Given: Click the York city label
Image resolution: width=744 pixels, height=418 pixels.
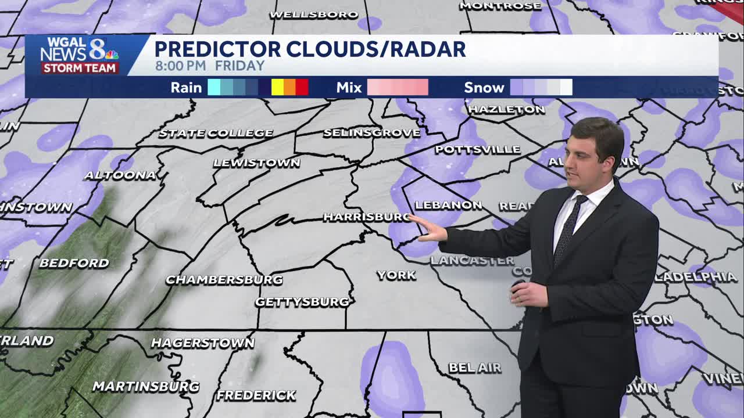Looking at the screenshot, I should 396,275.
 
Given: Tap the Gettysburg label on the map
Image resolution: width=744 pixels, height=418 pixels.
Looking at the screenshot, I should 303,302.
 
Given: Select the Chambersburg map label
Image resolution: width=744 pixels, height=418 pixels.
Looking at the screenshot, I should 224,280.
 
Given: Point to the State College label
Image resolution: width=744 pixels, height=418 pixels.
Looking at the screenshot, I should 216,133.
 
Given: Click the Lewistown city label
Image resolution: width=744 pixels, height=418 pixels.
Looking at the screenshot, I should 256,163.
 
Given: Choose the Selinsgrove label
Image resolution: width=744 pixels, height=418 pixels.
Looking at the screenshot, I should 371,133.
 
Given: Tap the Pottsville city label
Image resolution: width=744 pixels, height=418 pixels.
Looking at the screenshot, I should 478,150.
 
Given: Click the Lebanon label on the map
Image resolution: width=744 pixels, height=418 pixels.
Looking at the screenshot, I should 448,205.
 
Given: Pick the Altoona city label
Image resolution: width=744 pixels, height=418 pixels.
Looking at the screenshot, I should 120,175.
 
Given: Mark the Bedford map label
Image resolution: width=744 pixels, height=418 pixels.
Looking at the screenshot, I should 74,263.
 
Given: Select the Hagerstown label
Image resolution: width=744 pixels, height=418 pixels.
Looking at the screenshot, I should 203,343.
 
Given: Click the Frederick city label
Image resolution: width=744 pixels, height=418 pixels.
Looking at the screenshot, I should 256,396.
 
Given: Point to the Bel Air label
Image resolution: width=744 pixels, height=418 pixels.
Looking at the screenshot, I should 475,368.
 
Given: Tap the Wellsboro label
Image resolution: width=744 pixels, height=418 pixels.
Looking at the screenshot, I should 314,15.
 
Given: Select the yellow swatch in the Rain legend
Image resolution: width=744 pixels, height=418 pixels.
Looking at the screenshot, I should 277,87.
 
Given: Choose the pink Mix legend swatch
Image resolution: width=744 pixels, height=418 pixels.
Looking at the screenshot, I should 398,87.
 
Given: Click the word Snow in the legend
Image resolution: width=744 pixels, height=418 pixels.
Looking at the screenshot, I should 484,88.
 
